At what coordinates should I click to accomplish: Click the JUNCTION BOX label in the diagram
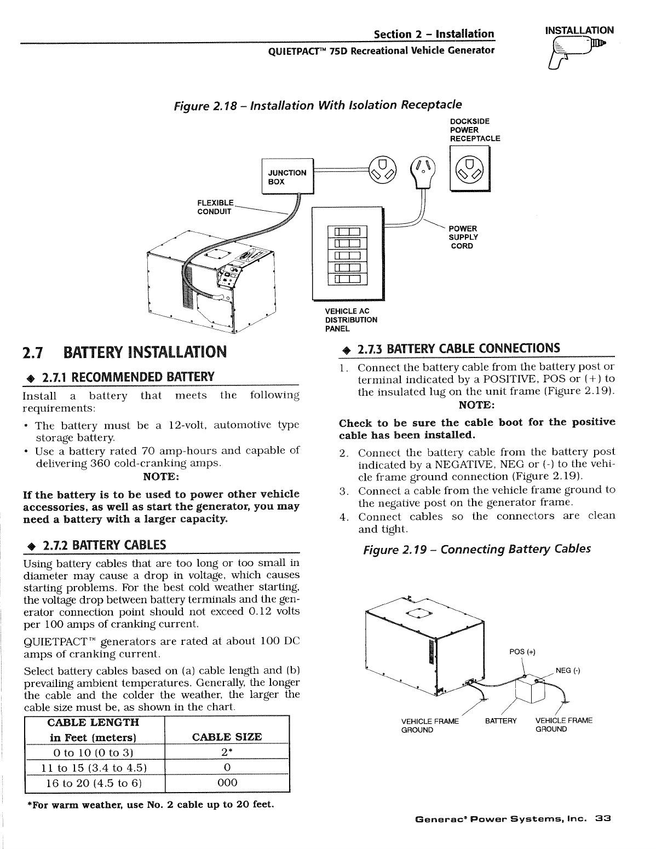286,177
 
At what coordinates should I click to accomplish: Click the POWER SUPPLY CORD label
463,237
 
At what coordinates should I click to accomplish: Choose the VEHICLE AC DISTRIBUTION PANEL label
351,320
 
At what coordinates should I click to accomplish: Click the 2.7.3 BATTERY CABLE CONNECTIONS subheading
459,349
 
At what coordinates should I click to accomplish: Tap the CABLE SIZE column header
227,736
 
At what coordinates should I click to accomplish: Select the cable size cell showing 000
227,782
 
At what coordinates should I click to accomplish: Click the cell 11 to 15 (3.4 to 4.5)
95,766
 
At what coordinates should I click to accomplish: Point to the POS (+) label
522,651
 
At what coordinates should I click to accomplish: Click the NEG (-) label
568,671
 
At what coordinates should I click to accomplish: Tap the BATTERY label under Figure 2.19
501,720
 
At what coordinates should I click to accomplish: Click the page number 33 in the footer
603,819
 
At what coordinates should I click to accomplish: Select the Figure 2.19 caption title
477,549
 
